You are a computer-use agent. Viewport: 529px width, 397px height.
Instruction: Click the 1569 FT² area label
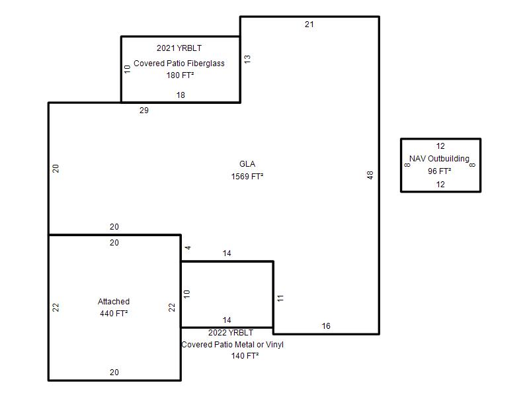pyautogui.click(x=247, y=176)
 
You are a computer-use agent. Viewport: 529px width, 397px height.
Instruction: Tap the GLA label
pyautogui.click(x=247, y=164)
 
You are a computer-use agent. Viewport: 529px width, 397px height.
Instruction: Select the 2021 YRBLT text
pyautogui.click(x=179, y=48)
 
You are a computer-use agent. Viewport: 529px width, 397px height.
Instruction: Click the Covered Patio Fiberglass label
pyautogui.click(x=179, y=64)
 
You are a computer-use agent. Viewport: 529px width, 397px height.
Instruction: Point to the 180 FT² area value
pyautogui.click(x=180, y=75)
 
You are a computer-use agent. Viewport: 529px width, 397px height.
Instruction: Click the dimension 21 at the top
pyautogui.click(x=309, y=24)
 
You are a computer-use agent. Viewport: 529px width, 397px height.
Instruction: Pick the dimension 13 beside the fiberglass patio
pyautogui.click(x=247, y=59)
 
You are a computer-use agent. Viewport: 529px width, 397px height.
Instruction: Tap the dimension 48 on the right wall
pyautogui.click(x=370, y=175)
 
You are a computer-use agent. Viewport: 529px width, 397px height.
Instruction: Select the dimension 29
pyautogui.click(x=144, y=110)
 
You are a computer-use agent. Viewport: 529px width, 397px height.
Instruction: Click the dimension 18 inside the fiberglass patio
pyautogui.click(x=181, y=95)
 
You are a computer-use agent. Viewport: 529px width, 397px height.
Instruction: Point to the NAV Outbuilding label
pyautogui.click(x=439, y=159)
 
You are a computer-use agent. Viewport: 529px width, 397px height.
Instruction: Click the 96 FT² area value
pyautogui.click(x=439, y=171)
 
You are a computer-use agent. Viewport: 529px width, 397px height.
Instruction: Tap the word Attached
pyautogui.click(x=114, y=302)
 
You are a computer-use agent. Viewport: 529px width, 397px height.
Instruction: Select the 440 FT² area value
pyautogui.click(x=114, y=314)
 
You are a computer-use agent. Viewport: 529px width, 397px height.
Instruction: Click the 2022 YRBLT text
pyautogui.click(x=231, y=333)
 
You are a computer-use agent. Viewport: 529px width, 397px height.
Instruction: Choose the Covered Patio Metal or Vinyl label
pyautogui.click(x=233, y=345)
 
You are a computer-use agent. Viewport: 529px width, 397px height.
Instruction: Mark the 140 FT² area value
pyautogui.click(x=245, y=356)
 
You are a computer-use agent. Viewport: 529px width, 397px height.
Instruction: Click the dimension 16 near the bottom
pyautogui.click(x=326, y=326)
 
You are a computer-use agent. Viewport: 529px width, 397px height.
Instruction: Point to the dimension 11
pyautogui.click(x=280, y=298)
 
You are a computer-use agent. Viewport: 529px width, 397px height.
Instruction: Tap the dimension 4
pyautogui.click(x=188, y=247)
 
